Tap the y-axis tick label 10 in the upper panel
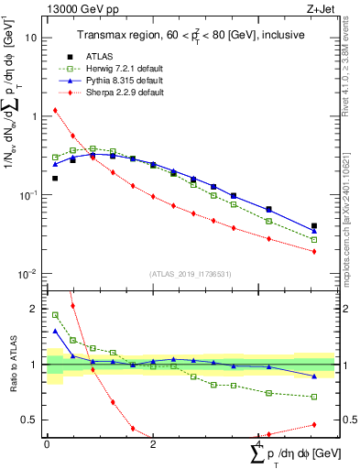tap(32, 38)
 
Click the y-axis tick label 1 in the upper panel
tap(35, 116)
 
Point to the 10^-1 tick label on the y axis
tap(29, 196)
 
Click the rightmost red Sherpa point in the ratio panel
tap(314, 424)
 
